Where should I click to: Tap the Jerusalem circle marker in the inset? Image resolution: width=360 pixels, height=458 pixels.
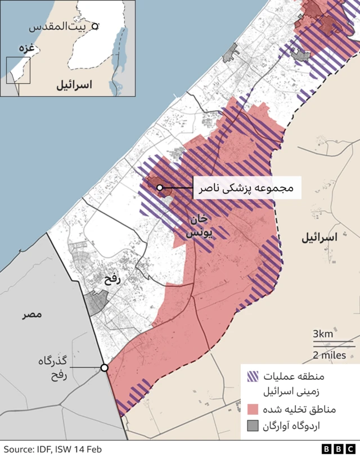click(x=96, y=25)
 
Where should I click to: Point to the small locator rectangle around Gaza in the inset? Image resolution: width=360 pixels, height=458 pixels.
click(x=18, y=70)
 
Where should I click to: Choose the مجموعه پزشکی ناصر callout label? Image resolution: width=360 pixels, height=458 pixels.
click(x=247, y=188)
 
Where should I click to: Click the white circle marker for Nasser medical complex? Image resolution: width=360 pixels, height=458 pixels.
click(x=160, y=187)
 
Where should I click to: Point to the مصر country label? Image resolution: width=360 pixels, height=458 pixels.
click(x=33, y=315)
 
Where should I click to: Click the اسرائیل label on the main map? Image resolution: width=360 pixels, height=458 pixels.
click(x=319, y=237)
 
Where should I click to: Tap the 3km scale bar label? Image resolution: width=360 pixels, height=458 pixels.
click(x=323, y=334)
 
